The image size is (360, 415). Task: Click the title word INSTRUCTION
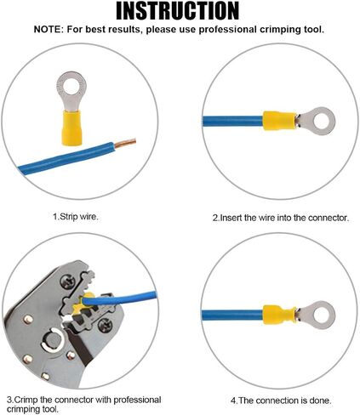click(178, 11)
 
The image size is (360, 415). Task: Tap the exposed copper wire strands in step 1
click(125, 143)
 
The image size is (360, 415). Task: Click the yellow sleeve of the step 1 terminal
click(71, 128)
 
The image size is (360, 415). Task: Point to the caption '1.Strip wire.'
click(76, 217)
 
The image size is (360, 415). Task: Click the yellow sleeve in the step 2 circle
click(279, 121)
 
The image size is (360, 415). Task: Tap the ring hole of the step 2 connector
click(320, 122)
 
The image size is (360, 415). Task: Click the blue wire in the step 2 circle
click(232, 121)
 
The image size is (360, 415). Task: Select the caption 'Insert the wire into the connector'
click(283, 218)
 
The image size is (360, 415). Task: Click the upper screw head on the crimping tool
click(68, 282)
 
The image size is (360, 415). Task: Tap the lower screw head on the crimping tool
click(106, 325)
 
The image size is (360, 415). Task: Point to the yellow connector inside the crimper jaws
click(83, 304)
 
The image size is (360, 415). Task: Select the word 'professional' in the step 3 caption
click(137, 400)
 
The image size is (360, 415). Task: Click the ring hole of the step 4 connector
click(320, 316)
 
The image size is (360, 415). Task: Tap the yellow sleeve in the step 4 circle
click(279, 316)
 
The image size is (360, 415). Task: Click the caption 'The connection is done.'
click(284, 401)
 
